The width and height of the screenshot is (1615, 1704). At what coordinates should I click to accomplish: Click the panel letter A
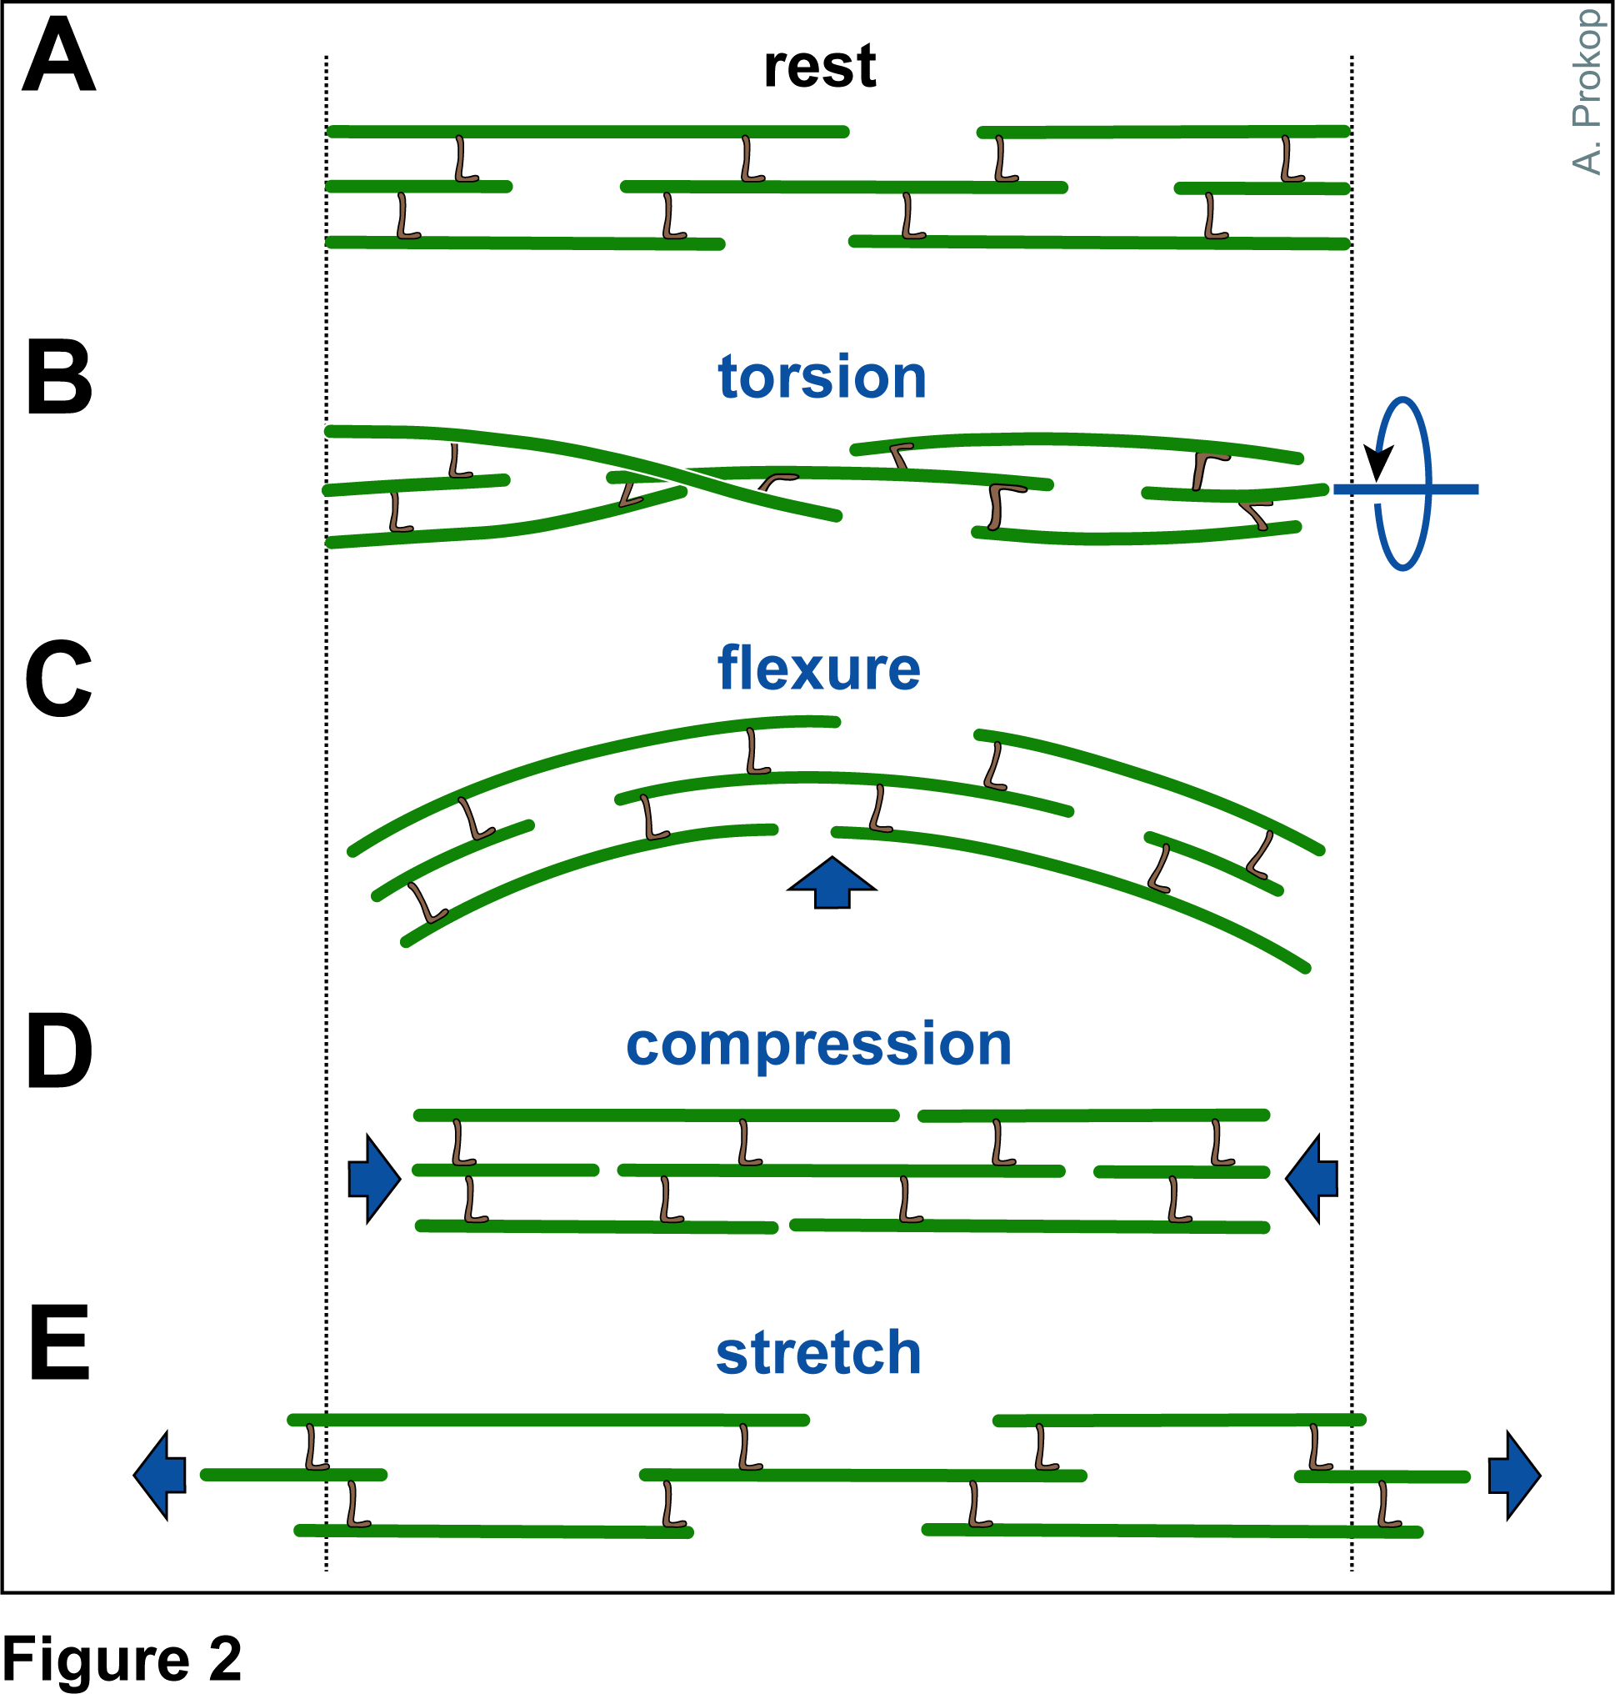click(x=58, y=57)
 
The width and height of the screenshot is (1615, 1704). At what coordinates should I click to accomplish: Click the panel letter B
click(x=58, y=377)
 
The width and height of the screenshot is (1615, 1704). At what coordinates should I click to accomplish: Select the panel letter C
click(x=58, y=679)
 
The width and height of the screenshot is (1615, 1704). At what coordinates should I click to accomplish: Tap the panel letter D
click(x=58, y=1051)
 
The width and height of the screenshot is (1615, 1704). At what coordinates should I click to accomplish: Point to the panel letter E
click(x=58, y=1343)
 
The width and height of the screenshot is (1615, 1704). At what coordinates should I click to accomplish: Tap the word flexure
click(x=818, y=669)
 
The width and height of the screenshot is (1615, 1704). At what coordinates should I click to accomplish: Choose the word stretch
click(x=818, y=1354)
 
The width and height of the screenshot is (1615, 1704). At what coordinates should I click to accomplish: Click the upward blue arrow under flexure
click(x=832, y=884)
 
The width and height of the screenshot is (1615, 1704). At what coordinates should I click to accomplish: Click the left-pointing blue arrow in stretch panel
click(x=161, y=1476)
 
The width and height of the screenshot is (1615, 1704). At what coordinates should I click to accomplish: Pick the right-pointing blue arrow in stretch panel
click(x=1513, y=1476)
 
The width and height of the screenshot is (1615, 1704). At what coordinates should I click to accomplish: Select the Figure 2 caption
click(x=122, y=1659)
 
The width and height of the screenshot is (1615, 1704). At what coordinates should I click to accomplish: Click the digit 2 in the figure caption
click(x=225, y=1659)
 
